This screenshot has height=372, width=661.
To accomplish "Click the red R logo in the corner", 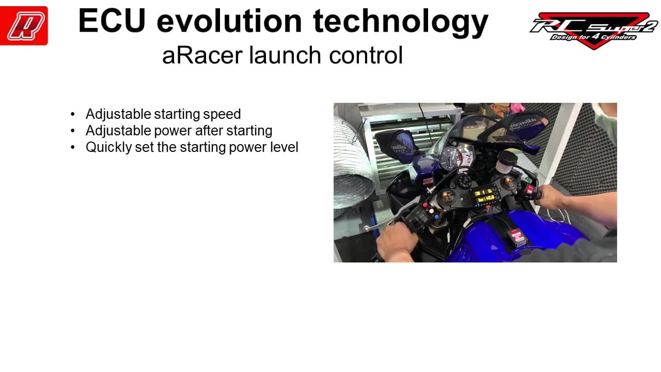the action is click(24, 26).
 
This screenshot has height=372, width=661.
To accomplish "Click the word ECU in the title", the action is click(112, 21).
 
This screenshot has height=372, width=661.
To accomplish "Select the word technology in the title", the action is click(401, 23).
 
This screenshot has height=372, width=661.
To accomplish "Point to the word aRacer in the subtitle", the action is click(202, 55).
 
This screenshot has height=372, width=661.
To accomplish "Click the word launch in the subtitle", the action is click(285, 55).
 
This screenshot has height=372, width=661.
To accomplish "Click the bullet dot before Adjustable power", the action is click(73, 131).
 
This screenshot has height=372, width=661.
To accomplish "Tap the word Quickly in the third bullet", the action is click(108, 147).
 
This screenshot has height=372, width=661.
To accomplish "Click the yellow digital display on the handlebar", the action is click(484, 196).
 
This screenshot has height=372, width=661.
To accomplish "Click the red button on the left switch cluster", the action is click(425, 205).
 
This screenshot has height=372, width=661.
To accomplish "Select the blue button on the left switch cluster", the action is click(436, 218).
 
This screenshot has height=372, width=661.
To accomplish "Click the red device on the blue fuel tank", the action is click(517, 237).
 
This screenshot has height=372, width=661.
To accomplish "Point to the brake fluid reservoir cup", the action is click(506, 162).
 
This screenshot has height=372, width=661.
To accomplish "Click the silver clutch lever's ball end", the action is click(366, 228).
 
